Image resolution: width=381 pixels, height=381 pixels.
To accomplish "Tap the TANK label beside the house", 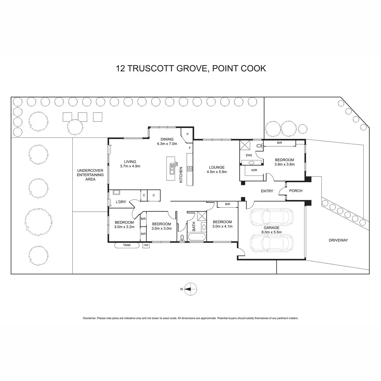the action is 127,245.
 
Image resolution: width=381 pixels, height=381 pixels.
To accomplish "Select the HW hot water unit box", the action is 146,245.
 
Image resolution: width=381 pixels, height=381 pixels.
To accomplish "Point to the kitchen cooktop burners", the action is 190,169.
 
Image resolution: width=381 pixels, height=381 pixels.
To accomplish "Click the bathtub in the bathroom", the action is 196,237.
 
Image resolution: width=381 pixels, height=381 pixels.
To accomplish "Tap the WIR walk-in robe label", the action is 254,170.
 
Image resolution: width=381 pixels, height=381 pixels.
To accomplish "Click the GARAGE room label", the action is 271,228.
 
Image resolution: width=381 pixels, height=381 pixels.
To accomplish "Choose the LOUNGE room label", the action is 217,167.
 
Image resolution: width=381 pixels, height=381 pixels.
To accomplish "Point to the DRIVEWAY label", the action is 338,240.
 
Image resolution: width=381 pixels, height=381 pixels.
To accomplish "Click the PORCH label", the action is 296,191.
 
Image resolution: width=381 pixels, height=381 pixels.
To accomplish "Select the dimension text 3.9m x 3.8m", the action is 284,164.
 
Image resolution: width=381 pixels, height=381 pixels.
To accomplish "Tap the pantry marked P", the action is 188,134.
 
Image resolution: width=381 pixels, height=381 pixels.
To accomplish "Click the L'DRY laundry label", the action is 121,202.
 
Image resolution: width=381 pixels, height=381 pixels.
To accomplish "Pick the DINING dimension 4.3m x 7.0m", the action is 167,144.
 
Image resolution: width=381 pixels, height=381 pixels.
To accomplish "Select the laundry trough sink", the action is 116,192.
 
